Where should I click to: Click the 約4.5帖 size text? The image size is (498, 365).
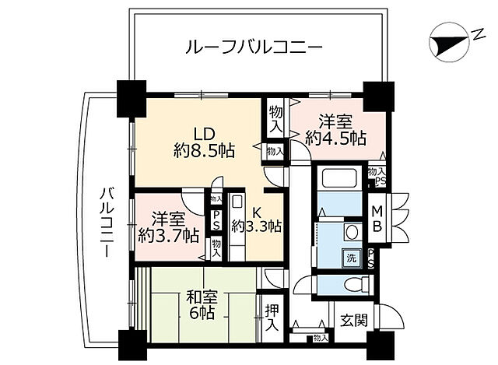click(x=335, y=138)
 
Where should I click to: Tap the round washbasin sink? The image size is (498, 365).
click(x=352, y=232)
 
